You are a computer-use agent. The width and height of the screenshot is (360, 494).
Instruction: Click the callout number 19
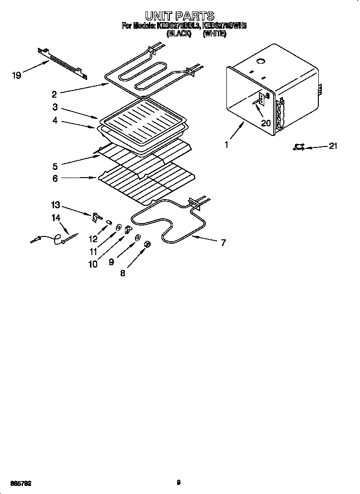pos(17,75)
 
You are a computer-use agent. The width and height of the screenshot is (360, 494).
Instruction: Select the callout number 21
pos(332,146)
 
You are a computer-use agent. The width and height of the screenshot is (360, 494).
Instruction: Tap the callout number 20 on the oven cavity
pos(266,123)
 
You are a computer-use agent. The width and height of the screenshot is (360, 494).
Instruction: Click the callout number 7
pos(223,242)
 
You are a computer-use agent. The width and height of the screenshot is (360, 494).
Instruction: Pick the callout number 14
pos(56,218)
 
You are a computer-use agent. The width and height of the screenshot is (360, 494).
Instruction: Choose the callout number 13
pos(56,205)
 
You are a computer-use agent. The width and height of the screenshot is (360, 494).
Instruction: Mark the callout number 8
pos(124,274)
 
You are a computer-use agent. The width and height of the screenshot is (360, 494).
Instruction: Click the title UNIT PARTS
pos(180,16)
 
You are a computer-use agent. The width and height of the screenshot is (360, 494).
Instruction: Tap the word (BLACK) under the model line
pos(179,34)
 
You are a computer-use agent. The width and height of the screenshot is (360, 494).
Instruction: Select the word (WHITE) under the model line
pos(214,34)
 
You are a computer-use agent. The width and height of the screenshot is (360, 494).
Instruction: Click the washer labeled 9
pos(137,237)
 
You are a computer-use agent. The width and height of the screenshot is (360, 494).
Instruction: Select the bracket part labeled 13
pos(95,217)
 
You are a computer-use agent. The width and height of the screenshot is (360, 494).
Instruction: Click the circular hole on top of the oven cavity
pos(261,61)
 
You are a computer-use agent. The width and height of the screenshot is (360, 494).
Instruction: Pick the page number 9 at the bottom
pos(178,483)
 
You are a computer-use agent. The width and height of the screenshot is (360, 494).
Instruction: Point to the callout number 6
pos(56,178)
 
